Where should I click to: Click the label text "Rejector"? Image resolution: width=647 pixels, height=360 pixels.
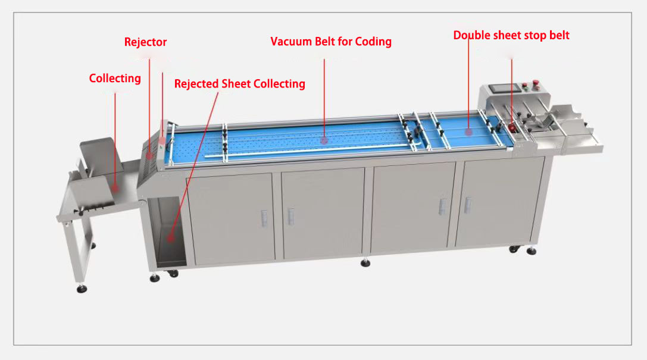click(145, 42)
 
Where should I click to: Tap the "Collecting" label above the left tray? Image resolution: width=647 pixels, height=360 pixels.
click(115, 79)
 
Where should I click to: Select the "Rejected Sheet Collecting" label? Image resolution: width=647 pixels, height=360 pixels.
click(239, 84)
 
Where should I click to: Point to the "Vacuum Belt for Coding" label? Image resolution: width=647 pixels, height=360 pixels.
click(331, 42)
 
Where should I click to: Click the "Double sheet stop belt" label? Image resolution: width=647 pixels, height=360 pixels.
click(511, 36)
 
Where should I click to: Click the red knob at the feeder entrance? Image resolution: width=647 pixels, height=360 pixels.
click(512, 126)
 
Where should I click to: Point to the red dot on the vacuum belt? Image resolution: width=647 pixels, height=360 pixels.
click(324, 140)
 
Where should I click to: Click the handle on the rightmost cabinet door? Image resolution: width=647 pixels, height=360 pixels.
click(466, 204)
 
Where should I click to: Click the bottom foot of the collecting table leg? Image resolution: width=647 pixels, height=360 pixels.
click(81, 289)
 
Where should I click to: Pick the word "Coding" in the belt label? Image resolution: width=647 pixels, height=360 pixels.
click(374, 42)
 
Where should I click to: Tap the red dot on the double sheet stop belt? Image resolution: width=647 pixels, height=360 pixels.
click(468, 132)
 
